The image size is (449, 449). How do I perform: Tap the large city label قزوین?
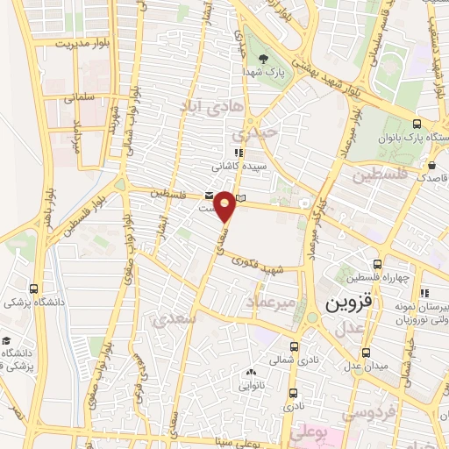click(x=351, y=303)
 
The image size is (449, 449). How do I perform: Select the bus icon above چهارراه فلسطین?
click(x=377, y=264)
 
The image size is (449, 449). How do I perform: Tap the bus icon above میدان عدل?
click(x=357, y=371)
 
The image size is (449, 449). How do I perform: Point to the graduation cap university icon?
click(x=8, y=341)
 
